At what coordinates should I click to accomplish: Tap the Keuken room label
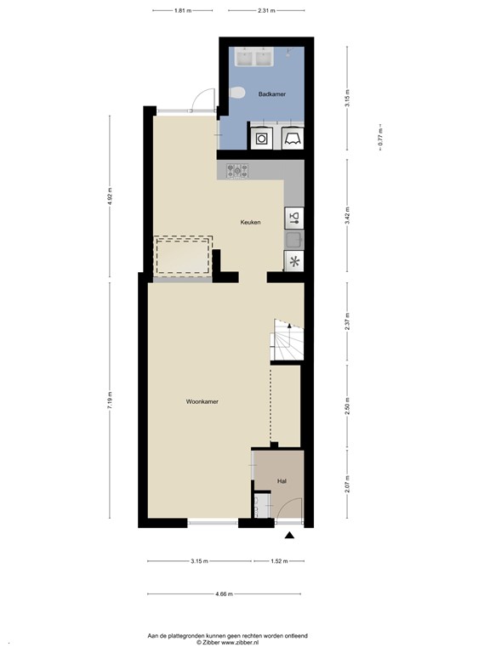point(249,222)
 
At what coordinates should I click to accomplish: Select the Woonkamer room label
point(202,402)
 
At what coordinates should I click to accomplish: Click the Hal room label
point(281,481)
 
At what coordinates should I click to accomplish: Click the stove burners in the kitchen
point(238,170)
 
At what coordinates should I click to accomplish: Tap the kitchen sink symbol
point(294,217)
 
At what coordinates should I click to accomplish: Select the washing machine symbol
point(262,138)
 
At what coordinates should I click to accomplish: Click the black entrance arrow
point(289,536)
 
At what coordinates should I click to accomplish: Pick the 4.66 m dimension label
point(225,593)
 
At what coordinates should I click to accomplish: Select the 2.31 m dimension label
point(265,10)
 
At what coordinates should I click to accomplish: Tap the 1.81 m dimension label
point(182,10)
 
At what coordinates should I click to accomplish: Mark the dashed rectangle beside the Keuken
point(182,256)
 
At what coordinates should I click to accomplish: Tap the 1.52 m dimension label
point(278,561)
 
